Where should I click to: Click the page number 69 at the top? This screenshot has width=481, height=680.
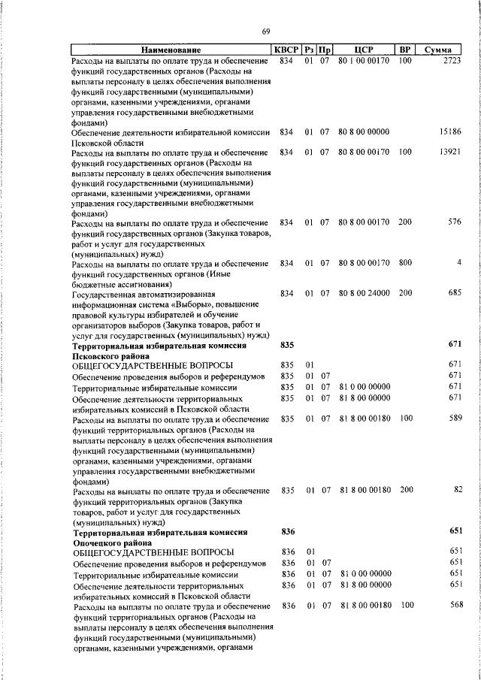coord(265,31)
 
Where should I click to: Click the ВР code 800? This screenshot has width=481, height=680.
coord(406,263)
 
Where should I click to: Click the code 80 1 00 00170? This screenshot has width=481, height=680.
coord(364,60)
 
